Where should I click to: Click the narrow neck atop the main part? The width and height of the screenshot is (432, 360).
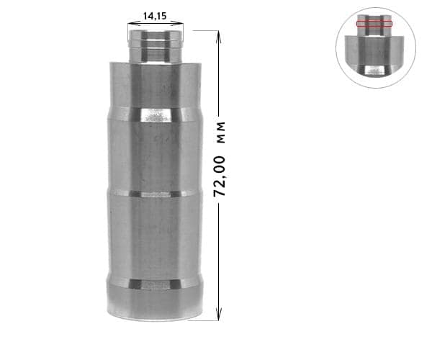tap(155, 45)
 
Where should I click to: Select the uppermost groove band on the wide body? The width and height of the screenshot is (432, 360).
tap(155, 114)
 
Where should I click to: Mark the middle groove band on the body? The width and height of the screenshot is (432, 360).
tap(155, 194)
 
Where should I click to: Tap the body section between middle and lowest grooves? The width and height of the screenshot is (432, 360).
tap(155, 238)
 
